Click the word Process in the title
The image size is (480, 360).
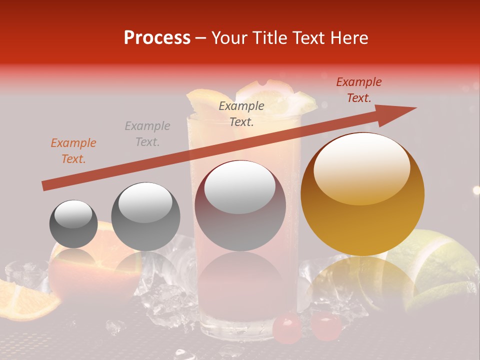[157, 38]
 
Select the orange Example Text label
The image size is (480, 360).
[73, 151]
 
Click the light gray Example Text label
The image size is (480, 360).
[147, 134]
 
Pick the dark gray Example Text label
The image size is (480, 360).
[241, 113]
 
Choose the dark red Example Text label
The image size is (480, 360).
[359, 90]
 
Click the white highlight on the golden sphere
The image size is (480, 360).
[361, 167]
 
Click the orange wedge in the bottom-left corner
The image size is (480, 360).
[25, 300]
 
